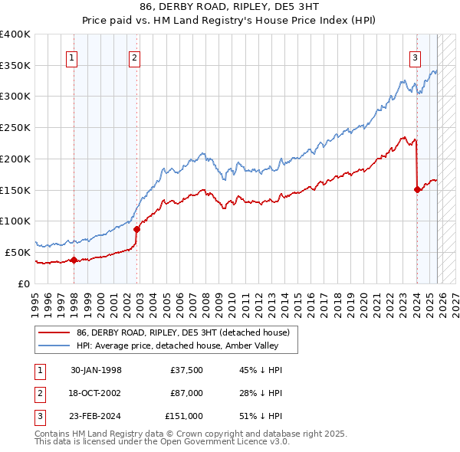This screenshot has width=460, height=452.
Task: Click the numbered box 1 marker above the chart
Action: (x=71, y=57)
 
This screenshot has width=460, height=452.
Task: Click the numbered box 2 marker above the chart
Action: (x=134, y=57)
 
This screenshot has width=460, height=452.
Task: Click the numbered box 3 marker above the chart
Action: (x=415, y=57)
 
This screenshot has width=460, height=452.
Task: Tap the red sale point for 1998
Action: (x=74, y=260)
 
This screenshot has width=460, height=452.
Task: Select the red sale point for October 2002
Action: (x=137, y=228)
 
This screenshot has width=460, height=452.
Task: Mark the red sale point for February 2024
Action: (x=417, y=189)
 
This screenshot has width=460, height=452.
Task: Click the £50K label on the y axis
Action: (x=18, y=252)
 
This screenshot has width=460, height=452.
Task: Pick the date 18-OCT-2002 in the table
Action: (x=97, y=393)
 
